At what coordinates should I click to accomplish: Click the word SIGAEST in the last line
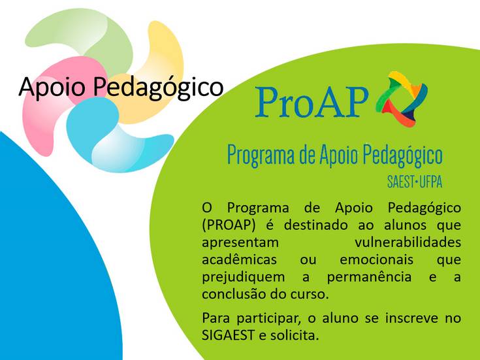[228, 335]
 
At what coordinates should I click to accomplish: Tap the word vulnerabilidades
[408, 242]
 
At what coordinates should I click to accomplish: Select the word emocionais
[376, 259]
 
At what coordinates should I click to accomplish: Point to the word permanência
[369, 277]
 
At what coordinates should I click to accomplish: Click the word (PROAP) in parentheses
[229, 225]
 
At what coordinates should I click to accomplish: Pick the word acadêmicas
[240, 259]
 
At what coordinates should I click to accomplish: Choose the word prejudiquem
[244, 278]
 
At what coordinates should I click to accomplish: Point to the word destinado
[315, 225]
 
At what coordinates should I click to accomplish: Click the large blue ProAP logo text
[311, 101]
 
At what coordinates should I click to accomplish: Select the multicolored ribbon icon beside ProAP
[402, 97]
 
